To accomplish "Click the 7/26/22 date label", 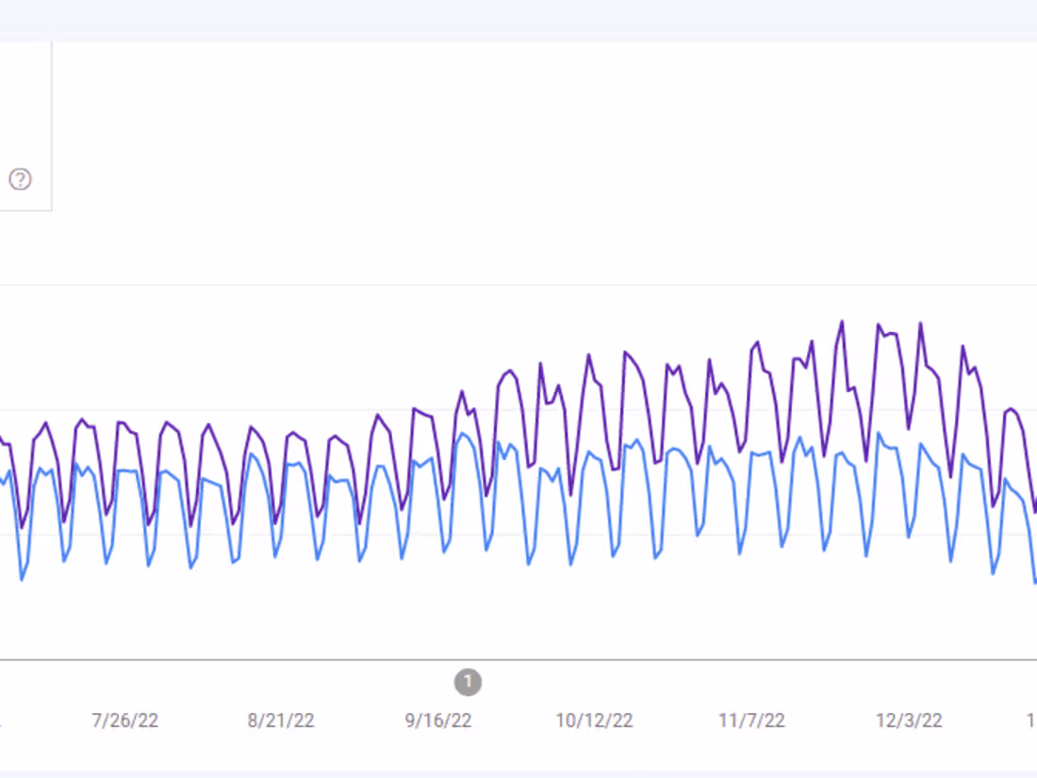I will tap(124, 721).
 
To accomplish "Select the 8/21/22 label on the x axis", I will tap(281, 721).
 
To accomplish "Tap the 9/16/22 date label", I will tap(438, 721).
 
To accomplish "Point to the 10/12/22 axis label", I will tap(594, 721).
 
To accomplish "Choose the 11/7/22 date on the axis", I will tap(751, 721).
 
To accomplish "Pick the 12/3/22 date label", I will tap(909, 721).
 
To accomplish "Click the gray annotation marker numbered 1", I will tap(468, 682).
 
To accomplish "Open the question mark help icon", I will tap(20, 179).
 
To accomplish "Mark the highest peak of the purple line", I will tap(842, 322).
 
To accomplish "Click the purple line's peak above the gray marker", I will tap(463, 390).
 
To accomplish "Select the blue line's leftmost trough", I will tap(22, 579).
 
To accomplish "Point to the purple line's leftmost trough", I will tap(23, 527).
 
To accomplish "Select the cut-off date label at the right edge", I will tap(1031, 721).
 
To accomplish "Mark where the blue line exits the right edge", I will tap(1035, 582).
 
